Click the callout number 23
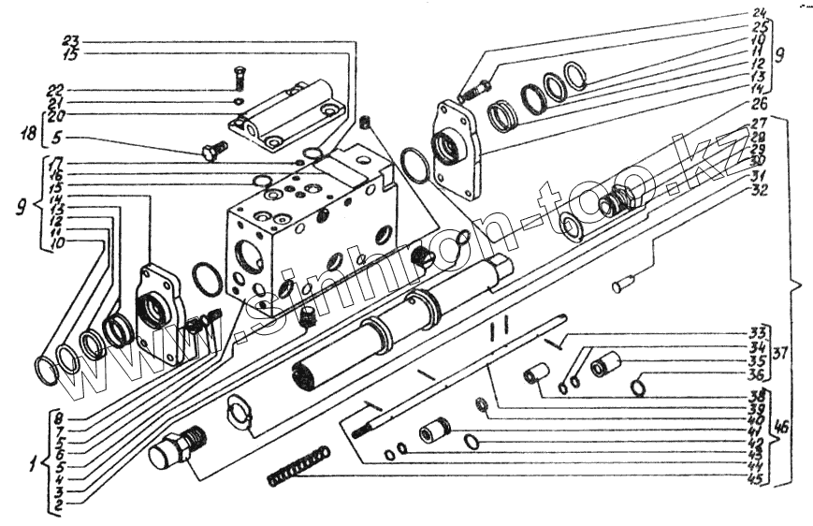pos(72,42)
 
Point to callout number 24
pos(759,13)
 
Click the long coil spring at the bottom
pos(298,466)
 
